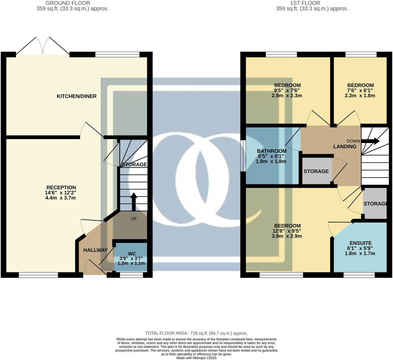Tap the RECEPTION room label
(x=61, y=188)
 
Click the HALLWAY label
(x=95, y=250)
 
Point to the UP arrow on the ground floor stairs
(x=134, y=201)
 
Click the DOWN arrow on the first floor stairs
(x=372, y=141)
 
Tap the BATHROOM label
(x=272, y=151)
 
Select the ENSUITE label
(x=361, y=243)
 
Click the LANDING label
(x=345, y=147)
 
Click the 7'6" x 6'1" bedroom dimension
(x=361, y=91)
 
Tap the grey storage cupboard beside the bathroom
(x=316, y=171)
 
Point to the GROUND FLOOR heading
(x=68, y=3)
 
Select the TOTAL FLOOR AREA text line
(x=196, y=333)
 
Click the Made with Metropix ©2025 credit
(x=196, y=358)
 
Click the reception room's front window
(x=38, y=275)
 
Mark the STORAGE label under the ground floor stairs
(x=134, y=165)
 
